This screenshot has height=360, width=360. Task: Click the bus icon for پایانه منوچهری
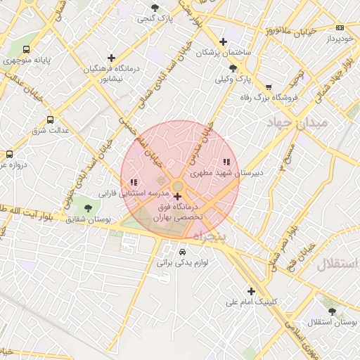coord(26,50)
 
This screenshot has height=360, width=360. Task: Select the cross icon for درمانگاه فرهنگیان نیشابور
coord(111,58)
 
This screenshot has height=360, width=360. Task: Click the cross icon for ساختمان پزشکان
coord(223,41)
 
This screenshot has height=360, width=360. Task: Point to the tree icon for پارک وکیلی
coord(233,68)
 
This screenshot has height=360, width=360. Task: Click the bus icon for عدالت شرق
coord(50,120)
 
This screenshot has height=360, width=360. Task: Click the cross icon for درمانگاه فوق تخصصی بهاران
coord(177,197)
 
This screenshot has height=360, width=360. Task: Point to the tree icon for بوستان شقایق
coord(88,208)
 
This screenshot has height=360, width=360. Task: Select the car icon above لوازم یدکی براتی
coord(183,252)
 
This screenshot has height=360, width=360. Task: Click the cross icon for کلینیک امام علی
coord(251,291)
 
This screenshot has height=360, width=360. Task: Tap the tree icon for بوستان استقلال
coord(332,310)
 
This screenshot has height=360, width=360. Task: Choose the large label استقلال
coord(337,265)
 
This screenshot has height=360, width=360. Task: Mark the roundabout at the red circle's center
coord(179,186)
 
